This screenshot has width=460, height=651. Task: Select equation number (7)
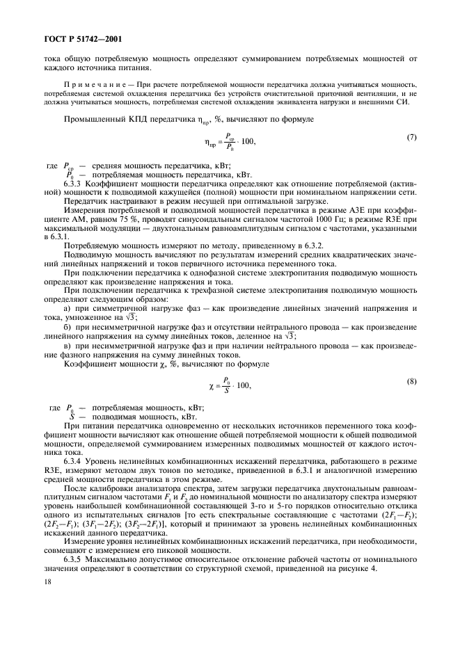click(411, 138)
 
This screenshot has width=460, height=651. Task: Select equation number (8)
click(411, 383)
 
